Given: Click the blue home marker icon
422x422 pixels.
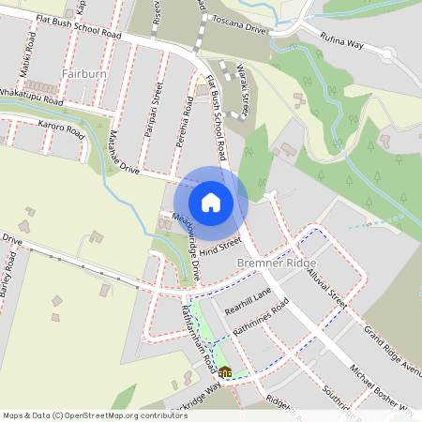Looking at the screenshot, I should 211,202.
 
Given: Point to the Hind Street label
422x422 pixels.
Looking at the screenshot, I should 220,246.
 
